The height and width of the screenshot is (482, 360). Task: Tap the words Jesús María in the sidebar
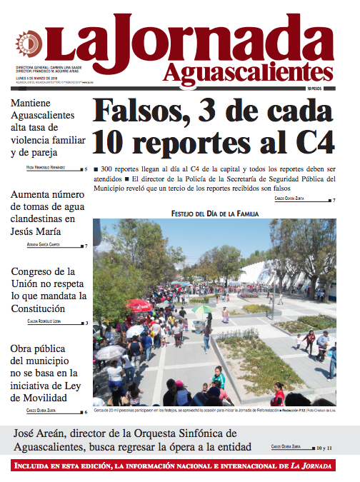pos(42,231)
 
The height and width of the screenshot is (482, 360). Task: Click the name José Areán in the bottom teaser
pos(44,433)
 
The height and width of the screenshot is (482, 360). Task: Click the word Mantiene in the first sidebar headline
pos(34,102)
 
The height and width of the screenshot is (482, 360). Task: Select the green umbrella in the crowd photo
pos(204,309)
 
